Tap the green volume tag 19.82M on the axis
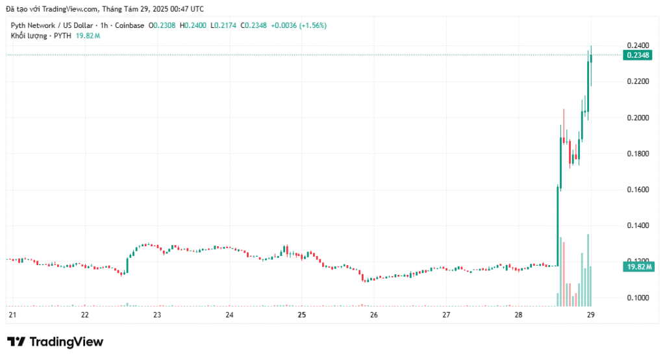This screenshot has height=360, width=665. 639,266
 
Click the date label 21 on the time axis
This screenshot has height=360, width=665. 12,315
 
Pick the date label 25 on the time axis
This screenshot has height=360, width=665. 301,315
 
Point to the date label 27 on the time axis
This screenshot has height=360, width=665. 446,315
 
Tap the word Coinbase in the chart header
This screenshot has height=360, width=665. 129,25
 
